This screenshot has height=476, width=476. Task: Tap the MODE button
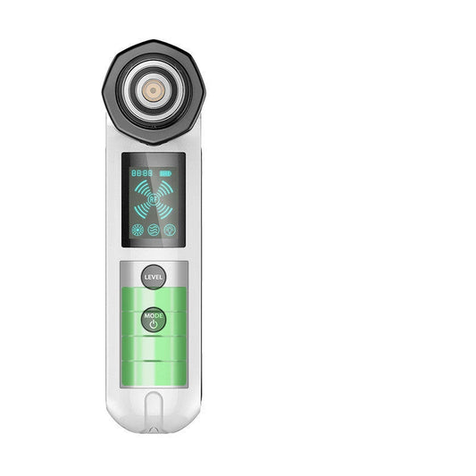coord(154,320)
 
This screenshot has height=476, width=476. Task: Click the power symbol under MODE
coord(154,324)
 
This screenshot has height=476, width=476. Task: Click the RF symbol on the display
coord(154,198)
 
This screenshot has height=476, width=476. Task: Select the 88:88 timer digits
coord(141,172)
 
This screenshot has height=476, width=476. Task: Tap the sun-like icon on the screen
coord(138,229)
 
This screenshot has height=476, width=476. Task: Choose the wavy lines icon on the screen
coord(154,229)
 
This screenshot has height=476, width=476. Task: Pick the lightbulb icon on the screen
coord(169,229)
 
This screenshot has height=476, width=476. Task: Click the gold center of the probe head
coord(154,90)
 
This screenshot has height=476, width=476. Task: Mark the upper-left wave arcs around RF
coord(141,187)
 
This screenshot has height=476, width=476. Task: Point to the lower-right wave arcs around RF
coord(165,210)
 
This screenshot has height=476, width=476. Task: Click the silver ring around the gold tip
coord(154,78)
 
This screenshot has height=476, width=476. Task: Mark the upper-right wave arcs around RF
coord(165,187)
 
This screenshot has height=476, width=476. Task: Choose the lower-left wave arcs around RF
coord(141,210)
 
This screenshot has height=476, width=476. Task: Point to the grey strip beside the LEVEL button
coord(180,275)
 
